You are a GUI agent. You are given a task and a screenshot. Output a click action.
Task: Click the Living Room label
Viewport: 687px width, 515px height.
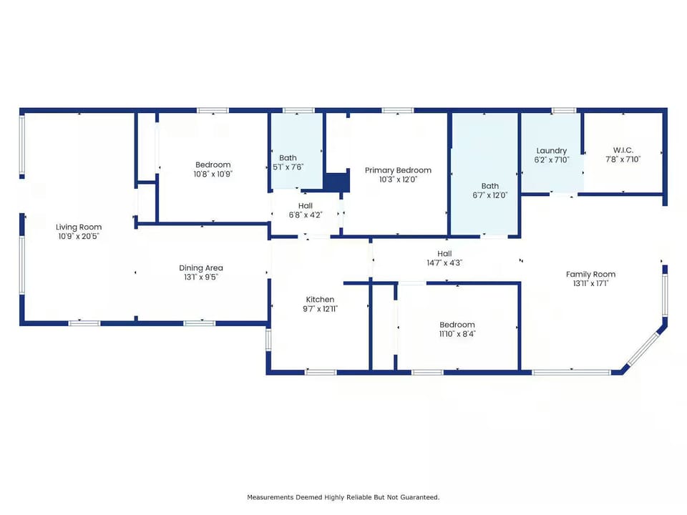[x=79, y=227]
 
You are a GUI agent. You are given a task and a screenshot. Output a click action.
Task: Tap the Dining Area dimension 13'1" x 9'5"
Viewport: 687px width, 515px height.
[x=201, y=277]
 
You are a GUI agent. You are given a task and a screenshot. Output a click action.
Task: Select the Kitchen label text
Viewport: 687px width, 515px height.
[x=320, y=300]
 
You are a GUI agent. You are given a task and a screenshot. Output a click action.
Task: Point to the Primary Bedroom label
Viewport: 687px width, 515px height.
[x=398, y=170]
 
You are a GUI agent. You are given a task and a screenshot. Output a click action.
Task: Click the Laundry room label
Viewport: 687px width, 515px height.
[x=552, y=151]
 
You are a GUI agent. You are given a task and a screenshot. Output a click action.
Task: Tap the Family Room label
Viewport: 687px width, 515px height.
[x=590, y=274]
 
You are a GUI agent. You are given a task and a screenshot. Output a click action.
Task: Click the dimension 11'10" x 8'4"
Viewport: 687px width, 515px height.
[x=457, y=333]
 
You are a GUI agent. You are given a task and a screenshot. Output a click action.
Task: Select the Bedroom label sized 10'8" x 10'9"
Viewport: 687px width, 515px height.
[x=213, y=165]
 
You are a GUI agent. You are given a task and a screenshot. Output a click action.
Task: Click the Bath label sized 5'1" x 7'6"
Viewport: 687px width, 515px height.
[x=288, y=158]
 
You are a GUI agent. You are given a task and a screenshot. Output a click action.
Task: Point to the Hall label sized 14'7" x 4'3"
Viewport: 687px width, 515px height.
[x=444, y=253]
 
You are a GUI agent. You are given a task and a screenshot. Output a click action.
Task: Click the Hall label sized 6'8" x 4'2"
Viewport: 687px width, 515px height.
[x=305, y=205]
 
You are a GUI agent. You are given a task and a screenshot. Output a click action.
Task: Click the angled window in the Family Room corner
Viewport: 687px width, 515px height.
[x=642, y=349]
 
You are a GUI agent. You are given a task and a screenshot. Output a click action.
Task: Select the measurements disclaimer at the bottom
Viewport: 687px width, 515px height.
[x=343, y=496]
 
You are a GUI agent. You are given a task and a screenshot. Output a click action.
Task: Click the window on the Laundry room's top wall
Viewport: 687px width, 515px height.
[x=564, y=110]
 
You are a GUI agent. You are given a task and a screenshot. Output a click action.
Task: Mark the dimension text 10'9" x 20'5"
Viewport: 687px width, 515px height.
[x=79, y=236]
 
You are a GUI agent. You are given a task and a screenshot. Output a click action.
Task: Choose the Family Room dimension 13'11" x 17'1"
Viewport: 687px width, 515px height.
[x=590, y=283]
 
